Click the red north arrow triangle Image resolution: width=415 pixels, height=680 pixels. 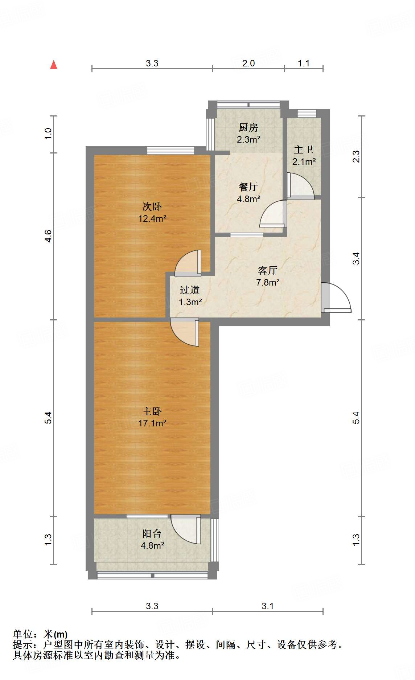pos(54,65)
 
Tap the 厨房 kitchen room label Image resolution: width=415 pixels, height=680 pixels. pos(248,127)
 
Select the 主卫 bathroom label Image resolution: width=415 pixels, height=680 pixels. pos(304,149)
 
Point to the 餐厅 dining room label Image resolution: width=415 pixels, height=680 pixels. pos(248,187)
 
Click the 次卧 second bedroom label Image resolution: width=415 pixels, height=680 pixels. pos(152,207)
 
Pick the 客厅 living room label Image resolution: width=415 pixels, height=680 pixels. pos(268,270)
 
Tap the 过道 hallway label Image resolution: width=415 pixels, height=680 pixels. pos(190,290)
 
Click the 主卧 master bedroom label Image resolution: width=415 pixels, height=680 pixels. pos(152,411)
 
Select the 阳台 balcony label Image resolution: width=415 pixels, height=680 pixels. pos(152,533)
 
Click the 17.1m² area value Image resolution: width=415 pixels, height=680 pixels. pos(152,423)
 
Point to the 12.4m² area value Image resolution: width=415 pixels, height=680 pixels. pos(152,219)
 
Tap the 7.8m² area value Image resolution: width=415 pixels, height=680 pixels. pos(268,282)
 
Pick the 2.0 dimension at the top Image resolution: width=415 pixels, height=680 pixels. pos(248,63)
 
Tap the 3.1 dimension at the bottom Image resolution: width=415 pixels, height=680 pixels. pos(268,606)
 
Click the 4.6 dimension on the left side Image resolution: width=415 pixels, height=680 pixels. pos(48,236)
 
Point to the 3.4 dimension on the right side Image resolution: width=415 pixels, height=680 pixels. pos(356,258)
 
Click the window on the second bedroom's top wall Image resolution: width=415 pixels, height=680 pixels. pos(170,150)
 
